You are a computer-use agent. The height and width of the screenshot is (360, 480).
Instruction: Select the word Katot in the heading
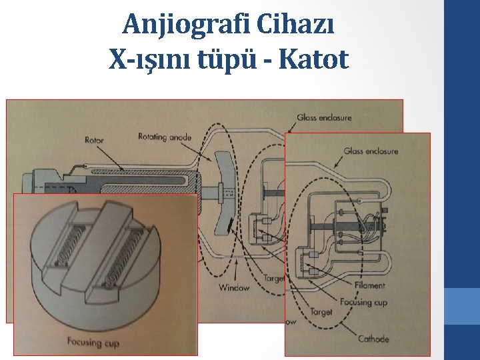pos(315,60)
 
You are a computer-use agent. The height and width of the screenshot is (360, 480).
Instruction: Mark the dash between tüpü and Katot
pos(269,62)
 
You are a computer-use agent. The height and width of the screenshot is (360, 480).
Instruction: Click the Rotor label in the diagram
pos(94,140)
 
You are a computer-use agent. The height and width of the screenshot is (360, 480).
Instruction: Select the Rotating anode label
pos(164,137)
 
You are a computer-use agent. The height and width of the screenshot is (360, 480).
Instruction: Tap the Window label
pos(233,288)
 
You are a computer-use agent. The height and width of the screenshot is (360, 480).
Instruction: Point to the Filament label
pos(370,285)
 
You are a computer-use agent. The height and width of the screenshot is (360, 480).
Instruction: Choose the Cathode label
pos(373,339)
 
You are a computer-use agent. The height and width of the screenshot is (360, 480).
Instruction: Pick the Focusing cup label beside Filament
pos(363,302)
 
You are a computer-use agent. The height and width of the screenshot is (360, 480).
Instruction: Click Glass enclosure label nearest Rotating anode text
pos(325,118)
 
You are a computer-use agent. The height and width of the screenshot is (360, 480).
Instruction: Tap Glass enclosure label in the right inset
pos(371,151)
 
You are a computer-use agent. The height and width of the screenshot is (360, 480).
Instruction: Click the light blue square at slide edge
pos(463,307)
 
